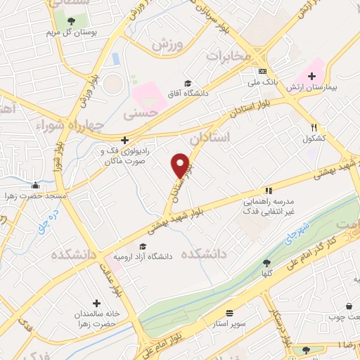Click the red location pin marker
[x=180, y=165]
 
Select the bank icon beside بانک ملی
[x=262, y=71]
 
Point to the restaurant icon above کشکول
[x=314, y=128]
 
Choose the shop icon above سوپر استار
[x=229, y=312]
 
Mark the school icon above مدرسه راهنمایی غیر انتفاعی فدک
[x=268, y=190]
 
